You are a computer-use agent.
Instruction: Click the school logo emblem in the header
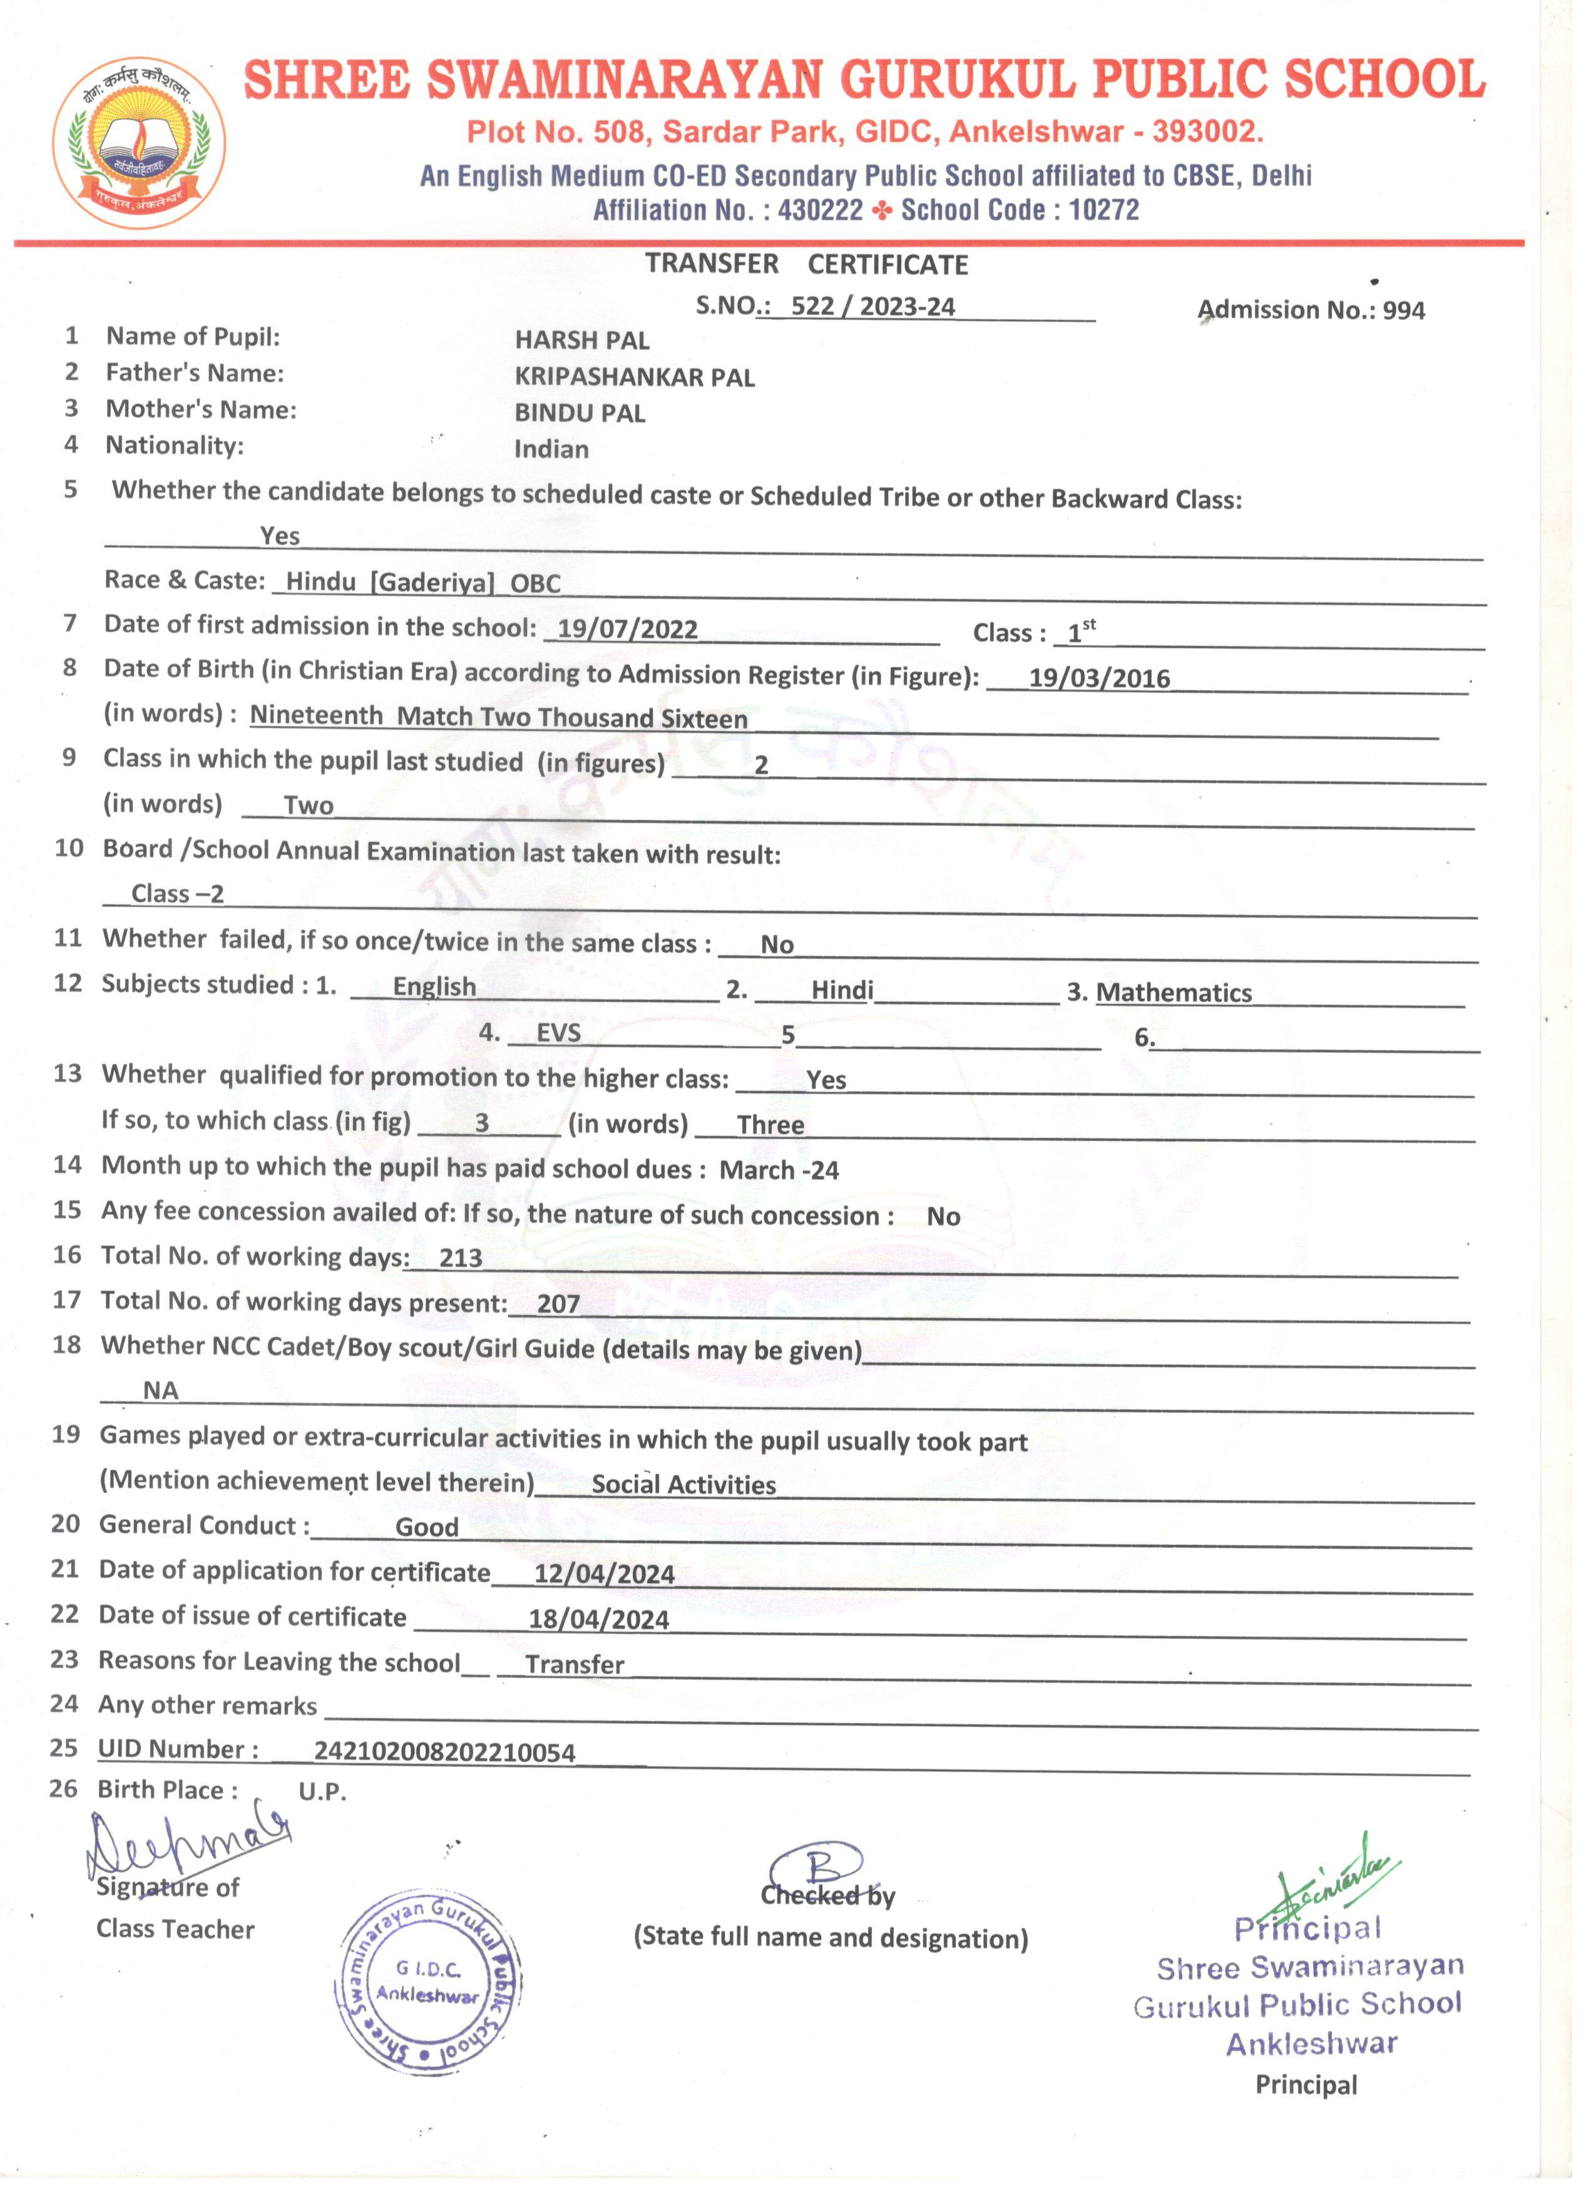coord(140,142)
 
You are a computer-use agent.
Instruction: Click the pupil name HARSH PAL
coord(581,340)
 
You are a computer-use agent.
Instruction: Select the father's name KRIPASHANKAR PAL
coord(634,377)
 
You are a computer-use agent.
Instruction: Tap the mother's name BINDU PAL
coord(579,413)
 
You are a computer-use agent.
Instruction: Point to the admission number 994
coord(1403,310)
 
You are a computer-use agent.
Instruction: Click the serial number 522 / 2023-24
coord(872,307)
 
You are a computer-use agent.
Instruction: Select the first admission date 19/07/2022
coord(627,629)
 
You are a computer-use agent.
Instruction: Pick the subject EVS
coord(558,1033)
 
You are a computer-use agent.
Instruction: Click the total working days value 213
coord(460,1258)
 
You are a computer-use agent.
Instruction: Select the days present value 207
coord(558,1304)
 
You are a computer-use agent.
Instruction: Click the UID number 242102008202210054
coord(444,1752)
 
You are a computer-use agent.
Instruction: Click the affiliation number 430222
coord(820,211)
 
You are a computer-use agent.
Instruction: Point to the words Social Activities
coord(683,1486)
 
